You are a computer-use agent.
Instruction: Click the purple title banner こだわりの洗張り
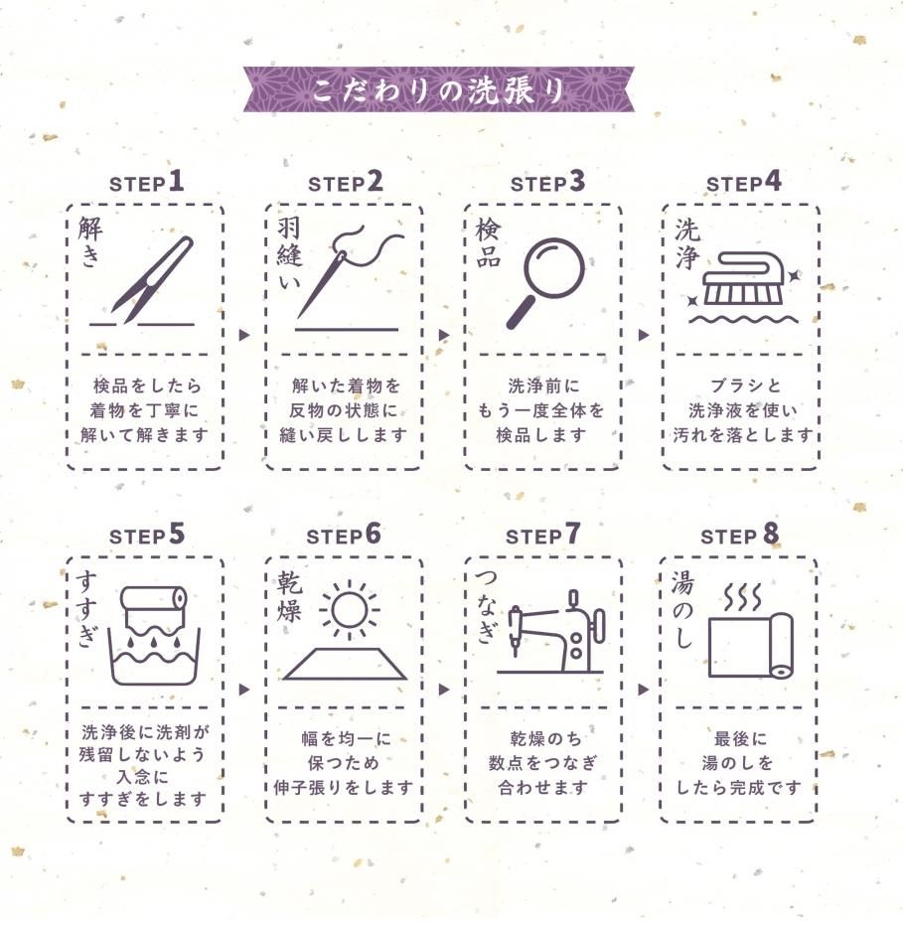pos(438,89)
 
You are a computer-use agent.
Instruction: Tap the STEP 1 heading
pos(147,182)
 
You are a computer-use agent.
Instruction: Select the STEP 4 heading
pos(744,182)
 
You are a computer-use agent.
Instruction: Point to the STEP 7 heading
pos(542,535)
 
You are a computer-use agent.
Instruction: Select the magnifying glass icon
pos(545,282)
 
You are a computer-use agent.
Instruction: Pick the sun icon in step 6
pos(349,610)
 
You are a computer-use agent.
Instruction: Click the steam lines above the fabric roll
pos(743,598)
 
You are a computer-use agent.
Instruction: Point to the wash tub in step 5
pos(154,657)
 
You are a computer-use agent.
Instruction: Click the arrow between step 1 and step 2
pos(244,335)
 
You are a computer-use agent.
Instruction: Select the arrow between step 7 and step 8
pos(644,690)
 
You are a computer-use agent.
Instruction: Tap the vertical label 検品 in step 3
pos(488,243)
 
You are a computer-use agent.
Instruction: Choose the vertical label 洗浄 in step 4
pos(687,243)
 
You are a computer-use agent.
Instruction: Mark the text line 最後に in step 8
pos(740,738)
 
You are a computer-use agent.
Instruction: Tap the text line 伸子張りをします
pos(343,788)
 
